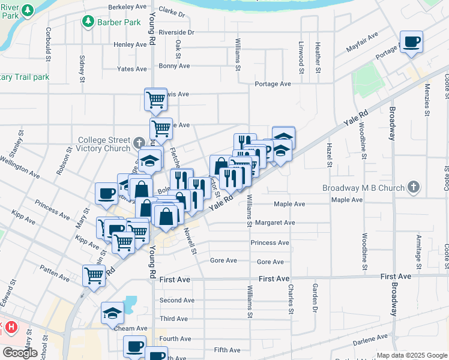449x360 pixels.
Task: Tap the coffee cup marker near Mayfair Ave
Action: [x=412, y=43]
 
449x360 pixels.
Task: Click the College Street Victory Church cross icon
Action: [x=139, y=142]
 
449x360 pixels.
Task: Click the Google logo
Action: [x=20, y=352]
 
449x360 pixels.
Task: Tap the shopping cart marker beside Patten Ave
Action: [x=94, y=276]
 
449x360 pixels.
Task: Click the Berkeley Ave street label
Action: [x=127, y=7]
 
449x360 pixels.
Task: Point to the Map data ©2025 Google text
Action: [x=411, y=355]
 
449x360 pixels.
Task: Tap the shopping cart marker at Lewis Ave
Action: [x=155, y=99]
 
